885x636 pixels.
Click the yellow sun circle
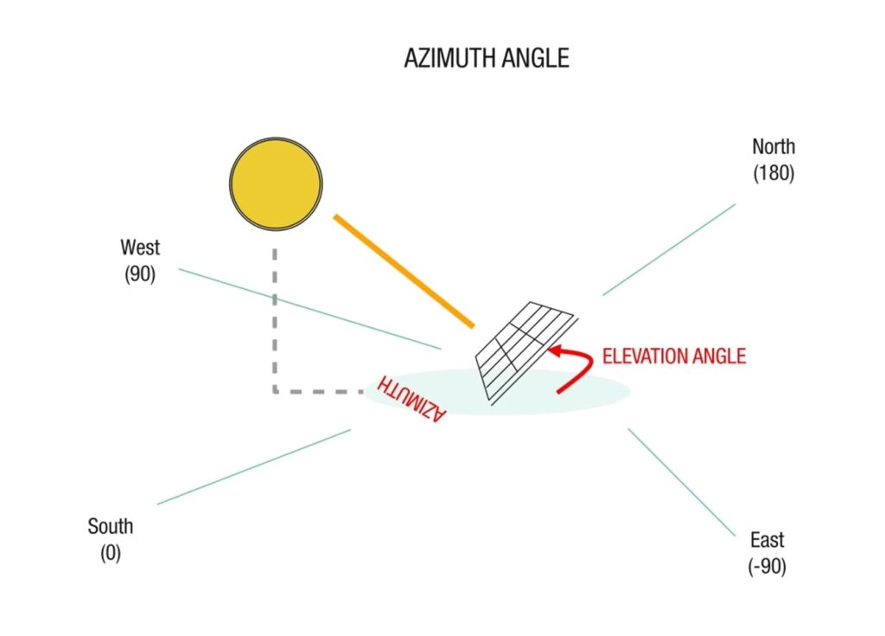click(x=276, y=183)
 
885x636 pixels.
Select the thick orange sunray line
click(x=404, y=271)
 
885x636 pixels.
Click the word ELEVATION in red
click(x=645, y=357)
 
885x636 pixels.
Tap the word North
click(x=773, y=146)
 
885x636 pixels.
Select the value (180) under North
click(x=773, y=173)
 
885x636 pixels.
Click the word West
click(x=140, y=247)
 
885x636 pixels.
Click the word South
click(x=111, y=526)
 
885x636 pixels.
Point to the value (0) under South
click(x=110, y=554)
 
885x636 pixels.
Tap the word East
click(x=767, y=541)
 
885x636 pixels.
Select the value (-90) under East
click(x=767, y=568)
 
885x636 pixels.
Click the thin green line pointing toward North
click(x=669, y=249)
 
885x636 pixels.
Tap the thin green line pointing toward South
click(x=254, y=466)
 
